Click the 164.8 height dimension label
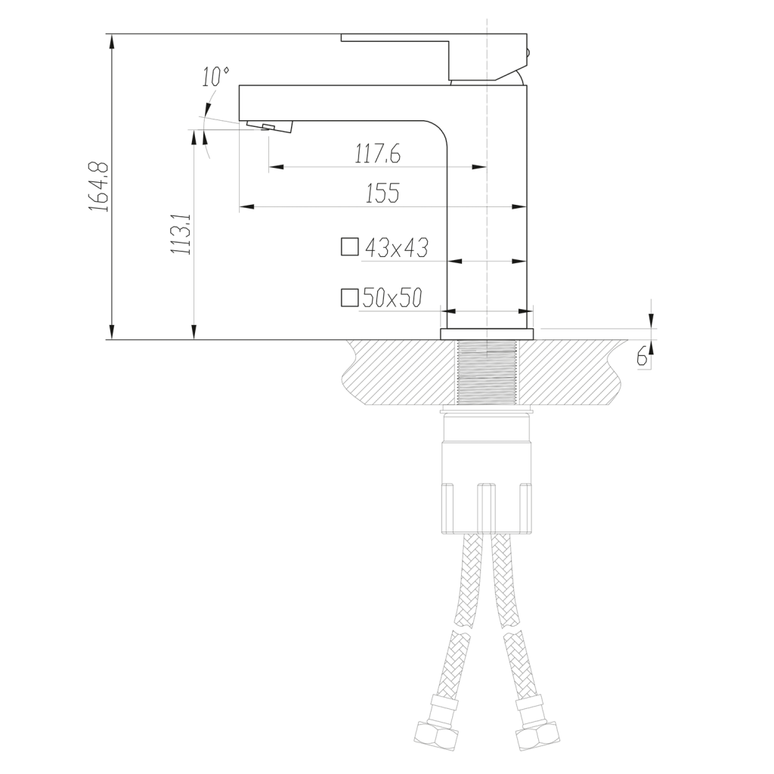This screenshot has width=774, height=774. pyautogui.click(x=99, y=187)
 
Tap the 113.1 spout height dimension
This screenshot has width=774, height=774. pyautogui.click(x=181, y=234)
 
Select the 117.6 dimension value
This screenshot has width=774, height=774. pyautogui.click(x=378, y=154)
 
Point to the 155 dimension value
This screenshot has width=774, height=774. pyautogui.click(x=382, y=193)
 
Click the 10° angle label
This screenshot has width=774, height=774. pyautogui.click(x=215, y=77)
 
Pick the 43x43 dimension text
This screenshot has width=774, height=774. pyautogui.click(x=396, y=248)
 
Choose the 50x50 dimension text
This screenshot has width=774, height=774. pyautogui.click(x=392, y=298)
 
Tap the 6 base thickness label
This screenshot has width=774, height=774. pyautogui.click(x=642, y=356)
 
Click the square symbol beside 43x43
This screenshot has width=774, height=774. pyautogui.click(x=349, y=247)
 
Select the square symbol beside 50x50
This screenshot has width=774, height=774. pyautogui.click(x=349, y=298)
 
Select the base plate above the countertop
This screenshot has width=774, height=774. pyautogui.click(x=487, y=333)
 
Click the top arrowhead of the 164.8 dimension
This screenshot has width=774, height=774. pyautogui.click(x=113, y=42)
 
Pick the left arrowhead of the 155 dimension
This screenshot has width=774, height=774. pyautogui.click(x=247, y=206)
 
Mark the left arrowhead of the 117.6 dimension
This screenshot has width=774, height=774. pyautogui.click(x=277, y=167)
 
